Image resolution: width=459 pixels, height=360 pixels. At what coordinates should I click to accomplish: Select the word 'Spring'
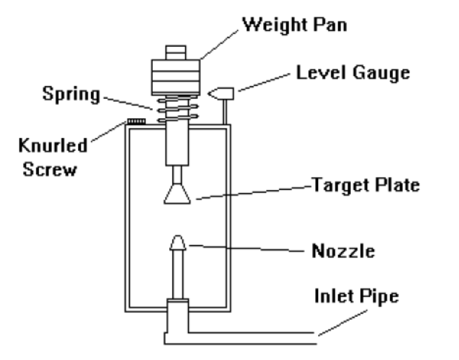click(71, 94)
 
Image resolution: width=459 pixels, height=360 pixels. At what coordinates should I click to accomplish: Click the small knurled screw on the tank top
click(137, 121)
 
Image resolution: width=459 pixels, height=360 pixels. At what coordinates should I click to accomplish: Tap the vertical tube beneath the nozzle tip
click(177, 274)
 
